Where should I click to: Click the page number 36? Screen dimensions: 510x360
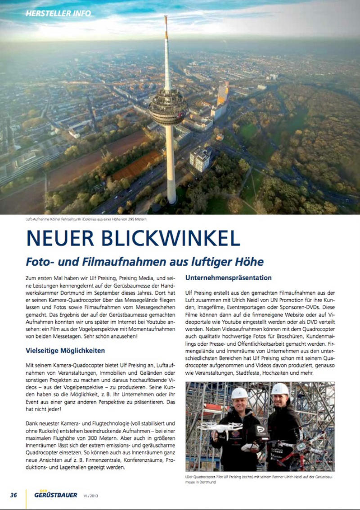click(x=13, y=495)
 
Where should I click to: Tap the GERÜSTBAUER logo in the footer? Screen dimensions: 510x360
click(x=55, y=495)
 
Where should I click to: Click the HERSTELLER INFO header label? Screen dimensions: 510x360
click(x=58, y=13)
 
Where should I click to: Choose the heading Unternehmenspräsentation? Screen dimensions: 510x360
click(x=229, y=277)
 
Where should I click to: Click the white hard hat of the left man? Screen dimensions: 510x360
click(x=239, y=393)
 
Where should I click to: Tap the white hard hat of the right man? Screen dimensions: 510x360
click(x=280, y=389)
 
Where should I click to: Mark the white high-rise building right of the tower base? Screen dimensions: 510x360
click(x=201, y=159)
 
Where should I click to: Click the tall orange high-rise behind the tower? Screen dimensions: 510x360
click(x=223, y=94)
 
